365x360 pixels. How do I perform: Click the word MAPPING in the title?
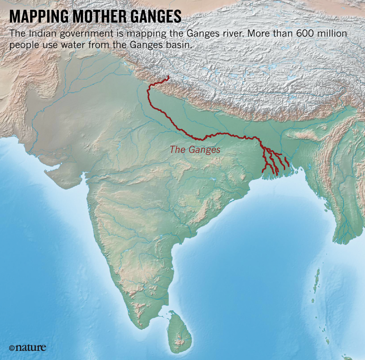tap(37, 16)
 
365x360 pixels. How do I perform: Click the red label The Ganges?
tap(195, 150)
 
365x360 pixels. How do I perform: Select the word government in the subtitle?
tap(75, 35)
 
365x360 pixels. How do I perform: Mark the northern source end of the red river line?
tap(168, 77)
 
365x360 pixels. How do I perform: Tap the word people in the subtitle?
tap(21, 46)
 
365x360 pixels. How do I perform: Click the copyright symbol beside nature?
tap(11, 348)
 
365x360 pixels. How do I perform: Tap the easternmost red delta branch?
tap(287, 162)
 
